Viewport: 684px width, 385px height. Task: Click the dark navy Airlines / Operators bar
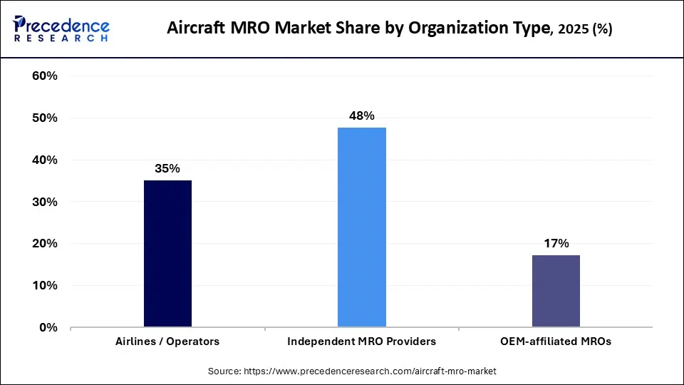pos(167,254)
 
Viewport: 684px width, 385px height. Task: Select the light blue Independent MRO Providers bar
pos(361,227)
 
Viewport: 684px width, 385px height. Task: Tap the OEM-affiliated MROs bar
pos(556,291)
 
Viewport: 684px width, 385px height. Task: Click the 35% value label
pos(167,169)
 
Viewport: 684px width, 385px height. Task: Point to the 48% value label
pos(361,115)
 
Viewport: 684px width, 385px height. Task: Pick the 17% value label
pos(556,244)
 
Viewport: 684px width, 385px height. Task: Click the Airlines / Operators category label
pos(167,342)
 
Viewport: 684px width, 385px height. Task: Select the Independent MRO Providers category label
pos(361,342)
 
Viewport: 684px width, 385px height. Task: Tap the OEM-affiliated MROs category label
pos(556,342)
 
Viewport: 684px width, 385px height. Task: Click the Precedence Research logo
pos(61,29)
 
